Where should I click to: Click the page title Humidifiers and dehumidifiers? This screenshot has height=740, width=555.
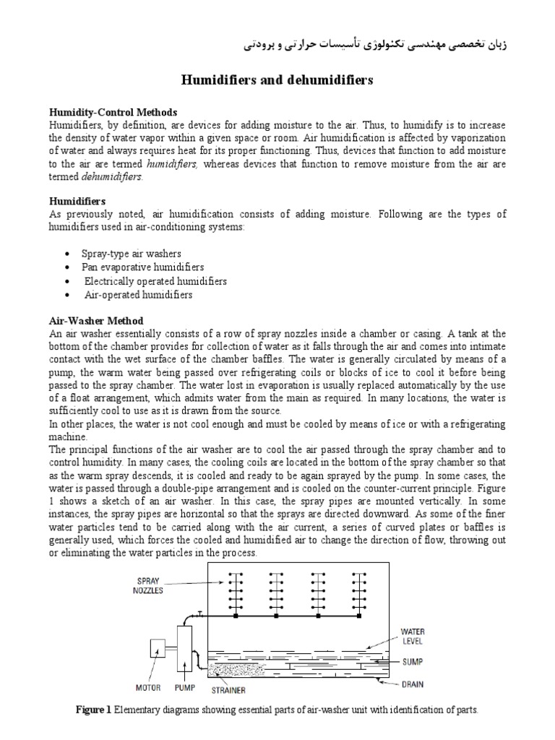[277, 80]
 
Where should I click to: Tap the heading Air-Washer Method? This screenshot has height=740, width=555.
[96, 320]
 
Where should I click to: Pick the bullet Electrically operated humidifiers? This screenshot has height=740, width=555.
[155, 281]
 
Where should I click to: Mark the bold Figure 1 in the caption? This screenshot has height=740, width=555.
[93, 710]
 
